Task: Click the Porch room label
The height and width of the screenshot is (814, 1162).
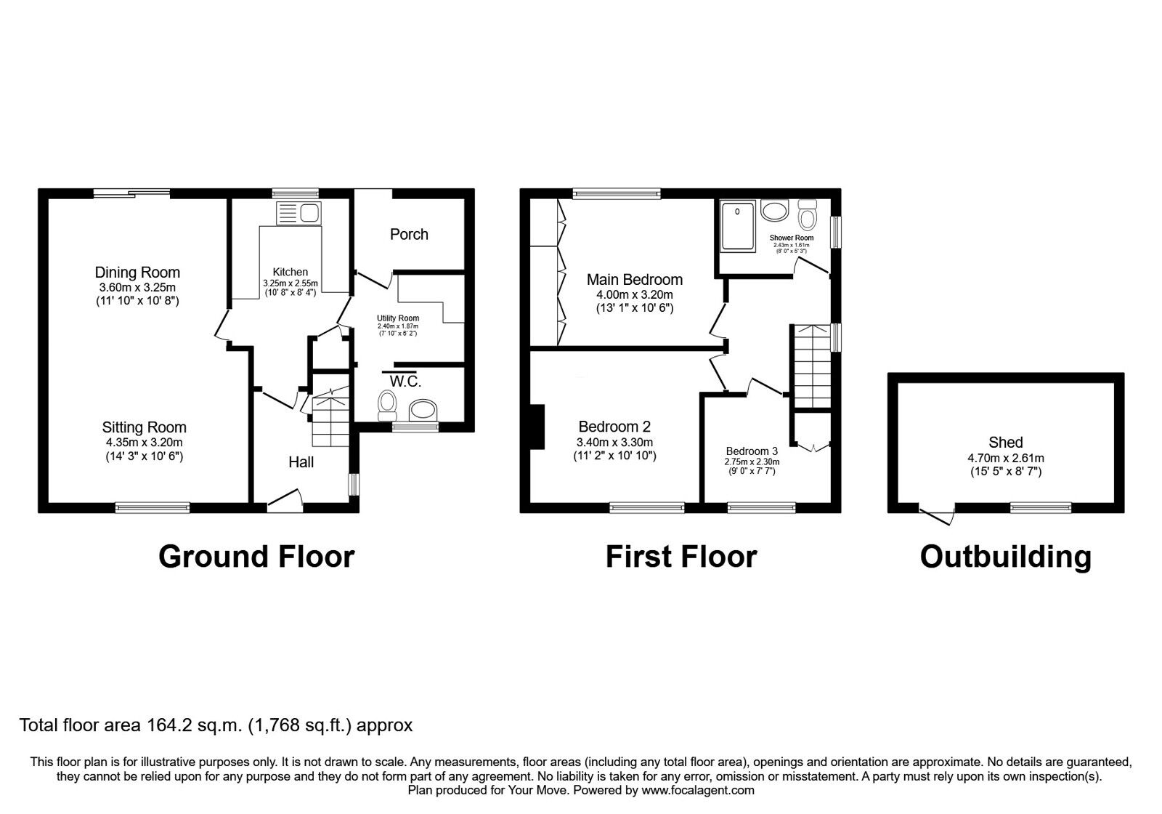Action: [x=409, y=234]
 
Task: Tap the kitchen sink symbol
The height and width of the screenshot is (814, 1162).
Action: [x=298, y=213]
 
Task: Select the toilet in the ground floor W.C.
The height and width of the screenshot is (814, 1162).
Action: [x=386, y=405]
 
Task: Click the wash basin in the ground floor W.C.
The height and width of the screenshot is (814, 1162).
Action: [x=423, y=411]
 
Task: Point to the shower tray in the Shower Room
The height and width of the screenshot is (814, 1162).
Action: [x=738, y=226]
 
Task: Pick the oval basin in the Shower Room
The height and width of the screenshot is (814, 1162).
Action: [x=774, y=211]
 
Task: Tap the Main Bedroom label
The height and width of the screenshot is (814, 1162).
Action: [x=634, y=279]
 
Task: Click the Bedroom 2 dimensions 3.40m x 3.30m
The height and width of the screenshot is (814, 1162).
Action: [x=614, y=442]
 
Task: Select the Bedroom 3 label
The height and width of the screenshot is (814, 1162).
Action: [x=752, y=451]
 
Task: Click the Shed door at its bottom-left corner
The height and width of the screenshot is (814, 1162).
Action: [x=937, y=515]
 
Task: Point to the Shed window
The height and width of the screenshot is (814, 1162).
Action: [x=1041, y=508]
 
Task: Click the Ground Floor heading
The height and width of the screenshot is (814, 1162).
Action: [x=256, y=557]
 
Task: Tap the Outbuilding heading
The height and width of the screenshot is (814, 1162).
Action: [x=1005, y=557]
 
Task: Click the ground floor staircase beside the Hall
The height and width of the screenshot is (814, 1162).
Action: [x=330, y=418]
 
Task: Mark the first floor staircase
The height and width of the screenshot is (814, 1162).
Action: [x=810, y=367]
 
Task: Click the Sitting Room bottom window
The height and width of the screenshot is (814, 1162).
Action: [x=153, y=507]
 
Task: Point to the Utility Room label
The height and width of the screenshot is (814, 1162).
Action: [x=397, y=318]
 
